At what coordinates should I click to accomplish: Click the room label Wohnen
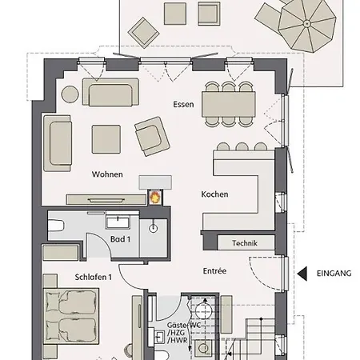point(107,174)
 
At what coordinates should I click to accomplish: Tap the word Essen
point(183,104)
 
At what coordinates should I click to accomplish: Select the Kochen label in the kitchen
point(214,194)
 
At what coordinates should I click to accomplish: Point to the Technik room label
point(245,243)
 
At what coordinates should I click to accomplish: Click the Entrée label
point(214,270)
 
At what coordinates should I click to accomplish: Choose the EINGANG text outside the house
point(334,274)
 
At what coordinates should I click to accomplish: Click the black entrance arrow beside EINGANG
point(302,274)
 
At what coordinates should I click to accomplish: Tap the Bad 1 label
point(120,239)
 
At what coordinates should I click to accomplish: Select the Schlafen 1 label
point(93,277)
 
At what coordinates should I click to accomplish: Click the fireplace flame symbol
point(155,198)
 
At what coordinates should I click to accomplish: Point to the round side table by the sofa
point(70,94)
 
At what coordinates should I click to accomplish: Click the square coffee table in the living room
point(106,139)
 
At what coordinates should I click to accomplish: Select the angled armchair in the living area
point(152,136)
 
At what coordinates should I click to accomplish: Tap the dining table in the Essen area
point(229,104)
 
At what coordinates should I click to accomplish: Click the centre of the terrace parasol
point(307,24)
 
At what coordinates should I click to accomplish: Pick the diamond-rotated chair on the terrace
point(143,33)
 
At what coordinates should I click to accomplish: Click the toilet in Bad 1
point(56,226)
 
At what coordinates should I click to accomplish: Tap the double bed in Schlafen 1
point(71,316)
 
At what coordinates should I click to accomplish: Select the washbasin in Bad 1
point(118,220)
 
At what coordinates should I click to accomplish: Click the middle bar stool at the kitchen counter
point(242,146)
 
